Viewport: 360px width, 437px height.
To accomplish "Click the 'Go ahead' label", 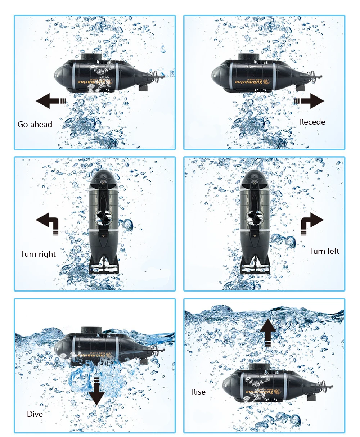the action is pyautogui.click(x=35, y=125).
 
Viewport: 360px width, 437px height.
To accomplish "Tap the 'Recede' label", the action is pyautogui.click(x=312, y=122).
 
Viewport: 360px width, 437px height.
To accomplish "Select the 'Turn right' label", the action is pyautogui.click(x=38, y=254).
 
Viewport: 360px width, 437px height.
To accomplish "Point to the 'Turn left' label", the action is pyautogui.click(x=324, y=251).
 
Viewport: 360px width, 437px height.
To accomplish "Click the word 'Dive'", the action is pyautogui.click(x=35, y=414).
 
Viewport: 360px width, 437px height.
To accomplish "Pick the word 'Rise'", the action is pyautogui.click(x=198, y=392).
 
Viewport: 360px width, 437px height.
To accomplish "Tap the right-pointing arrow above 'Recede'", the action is pyautogui.click(x=310, y=101).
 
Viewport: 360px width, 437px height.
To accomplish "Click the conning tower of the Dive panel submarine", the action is pyautogui.click(x=90, y=330).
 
